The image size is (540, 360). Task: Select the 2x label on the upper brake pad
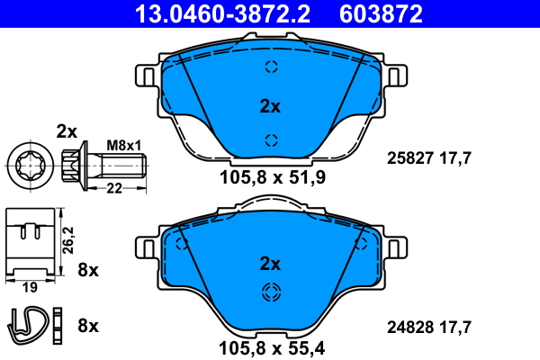(270, 106)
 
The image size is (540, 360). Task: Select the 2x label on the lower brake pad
(270, 264)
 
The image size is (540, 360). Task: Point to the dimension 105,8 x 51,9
(271, 177)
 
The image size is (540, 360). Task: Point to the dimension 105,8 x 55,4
(271, 346)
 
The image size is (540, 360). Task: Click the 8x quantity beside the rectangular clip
(88, 269)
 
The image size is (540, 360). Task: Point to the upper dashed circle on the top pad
(271, 66)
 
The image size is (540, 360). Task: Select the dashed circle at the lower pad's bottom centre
(271, 292)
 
